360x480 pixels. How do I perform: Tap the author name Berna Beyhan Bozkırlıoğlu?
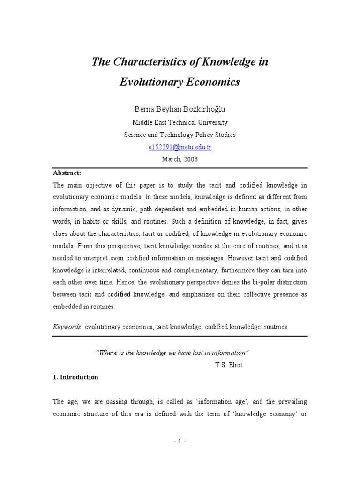pos(180,109)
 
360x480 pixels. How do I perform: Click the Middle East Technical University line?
pos(180,122)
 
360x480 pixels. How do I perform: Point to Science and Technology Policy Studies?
pos(180,135)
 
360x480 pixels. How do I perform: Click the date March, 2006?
pos(180,159)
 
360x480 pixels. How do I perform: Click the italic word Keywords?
pos(67,327)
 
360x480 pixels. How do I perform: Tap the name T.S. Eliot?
pos(229,365)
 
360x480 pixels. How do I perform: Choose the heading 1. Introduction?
pos(75,377)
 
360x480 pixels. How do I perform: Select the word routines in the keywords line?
pos(274,327)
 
